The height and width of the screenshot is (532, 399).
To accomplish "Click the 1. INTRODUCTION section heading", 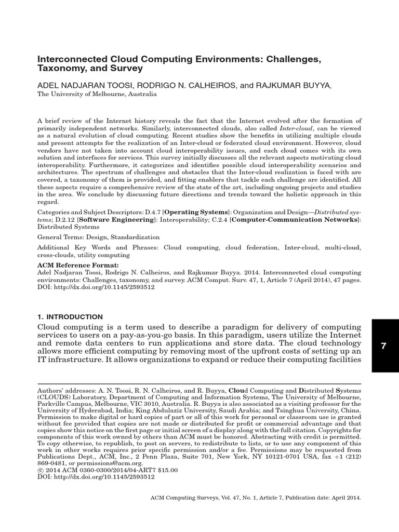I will (70, 317).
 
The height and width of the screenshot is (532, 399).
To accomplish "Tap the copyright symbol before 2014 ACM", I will (40, 470).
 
